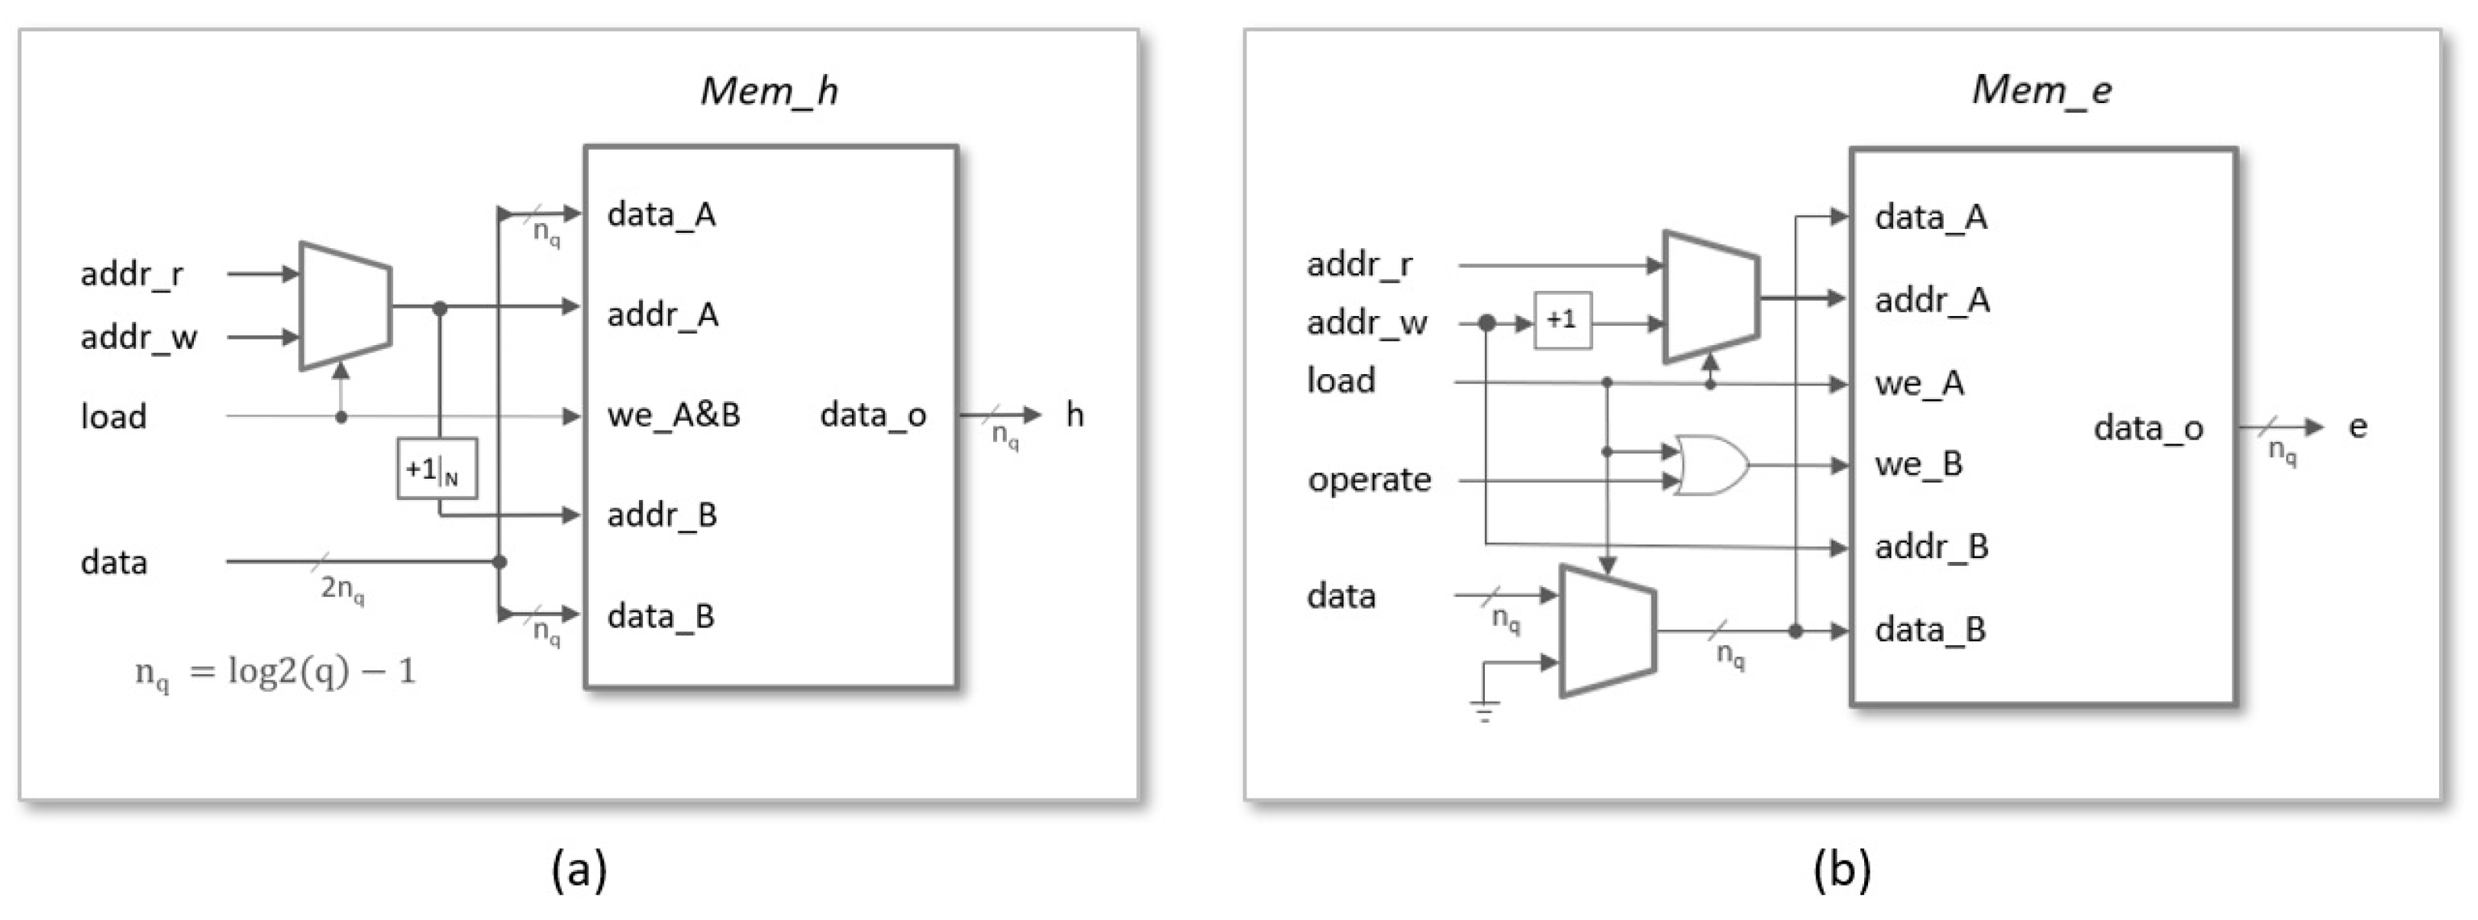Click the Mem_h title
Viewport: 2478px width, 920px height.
[x=769, y=90]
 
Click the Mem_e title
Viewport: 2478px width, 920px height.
[x=2041, y=89]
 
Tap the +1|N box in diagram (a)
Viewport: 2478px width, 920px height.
[x=437, y=469]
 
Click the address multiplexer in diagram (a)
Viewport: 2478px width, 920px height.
[x=345, y=306]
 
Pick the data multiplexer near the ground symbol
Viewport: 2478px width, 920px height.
[x=1606, y=631]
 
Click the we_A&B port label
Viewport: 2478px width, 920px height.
[x=673, y=415]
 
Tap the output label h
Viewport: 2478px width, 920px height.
[x=1075, y=415]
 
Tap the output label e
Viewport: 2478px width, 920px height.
[x=2357, y=426]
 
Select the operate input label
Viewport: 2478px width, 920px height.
[x=1369, y=479]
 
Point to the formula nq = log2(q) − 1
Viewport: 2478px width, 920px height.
[x=276, y=672]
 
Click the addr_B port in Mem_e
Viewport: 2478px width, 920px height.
[x=1931, y=547]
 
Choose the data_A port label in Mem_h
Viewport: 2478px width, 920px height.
[x=661, y=214]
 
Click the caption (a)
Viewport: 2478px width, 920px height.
[x=579, y=869]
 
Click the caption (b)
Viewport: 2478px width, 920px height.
[x=1841, y=869]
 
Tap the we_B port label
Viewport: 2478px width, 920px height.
[x=1918, y=464]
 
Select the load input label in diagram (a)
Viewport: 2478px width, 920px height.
[x=114, y=417]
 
